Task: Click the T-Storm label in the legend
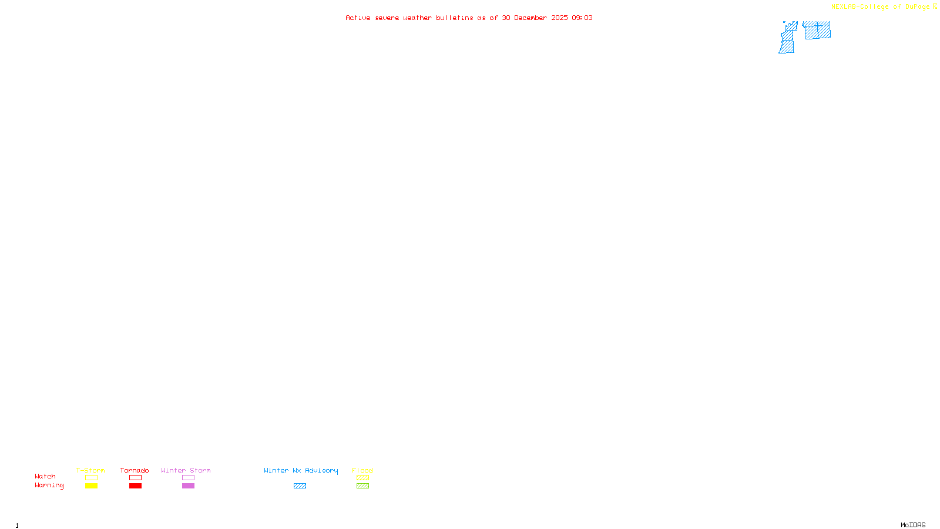point(90,470)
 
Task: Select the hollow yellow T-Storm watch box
point(91,478)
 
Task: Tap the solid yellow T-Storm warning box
point(91,486)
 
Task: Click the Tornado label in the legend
point(135,470)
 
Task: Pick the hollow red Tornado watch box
point(135,478)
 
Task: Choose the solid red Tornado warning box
point(135,486)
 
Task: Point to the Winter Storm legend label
point(186,470)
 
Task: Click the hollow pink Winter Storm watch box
point(188,478)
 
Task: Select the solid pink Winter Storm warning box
point(188,486)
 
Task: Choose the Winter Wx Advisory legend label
point(301,470)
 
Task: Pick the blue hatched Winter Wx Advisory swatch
point(300,486)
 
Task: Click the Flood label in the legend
point(362,470)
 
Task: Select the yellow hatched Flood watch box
point(362,478)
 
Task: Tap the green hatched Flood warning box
point(362,486)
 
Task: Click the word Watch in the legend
point(45,476)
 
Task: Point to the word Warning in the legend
point(49,486)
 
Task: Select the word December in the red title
point(530,18)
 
